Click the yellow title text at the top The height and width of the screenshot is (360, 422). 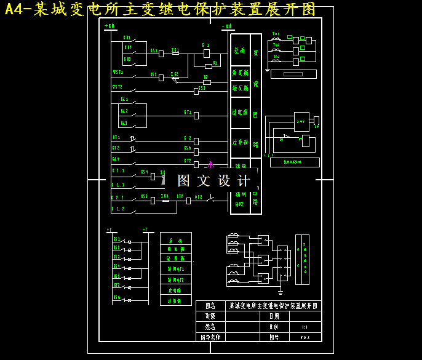pyautogui.click(x=161, y=9)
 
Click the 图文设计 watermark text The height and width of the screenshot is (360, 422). pyautogui.click(x=213, y=180)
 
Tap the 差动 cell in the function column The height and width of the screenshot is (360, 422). pyautogui.click(x=239, y=50)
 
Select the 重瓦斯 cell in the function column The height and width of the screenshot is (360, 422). pyautogui.click(x=240, y=73)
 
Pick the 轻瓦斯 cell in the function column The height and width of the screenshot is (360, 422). pyautogui.click(x=240, y=89)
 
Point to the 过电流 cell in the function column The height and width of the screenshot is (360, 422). pyautogui.click(x=240, y=113)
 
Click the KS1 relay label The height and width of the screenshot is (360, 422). pyautogui.click(x=154, y=51)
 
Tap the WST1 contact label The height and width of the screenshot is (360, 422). pyautogui.click(x=117, y=72)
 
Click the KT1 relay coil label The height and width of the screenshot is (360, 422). pyautogui.click(x=188, y=112)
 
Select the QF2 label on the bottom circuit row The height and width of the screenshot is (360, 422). pyautogui.click(x=198, y=197)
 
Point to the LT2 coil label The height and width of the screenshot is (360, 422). pyautogui.click(x=180, y=197)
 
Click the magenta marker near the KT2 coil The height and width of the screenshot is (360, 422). pyautogui.click(x=210, y=165)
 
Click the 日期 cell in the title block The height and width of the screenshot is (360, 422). pyautogui.click(x=274, y=316)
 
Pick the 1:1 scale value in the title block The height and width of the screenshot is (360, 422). pyautogui.click(x=305, y=327)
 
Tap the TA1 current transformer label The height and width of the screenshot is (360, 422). pyautogui.click(x=276, y=34)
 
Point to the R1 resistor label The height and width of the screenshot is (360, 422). pyautogui.click(x=215, y=63)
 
